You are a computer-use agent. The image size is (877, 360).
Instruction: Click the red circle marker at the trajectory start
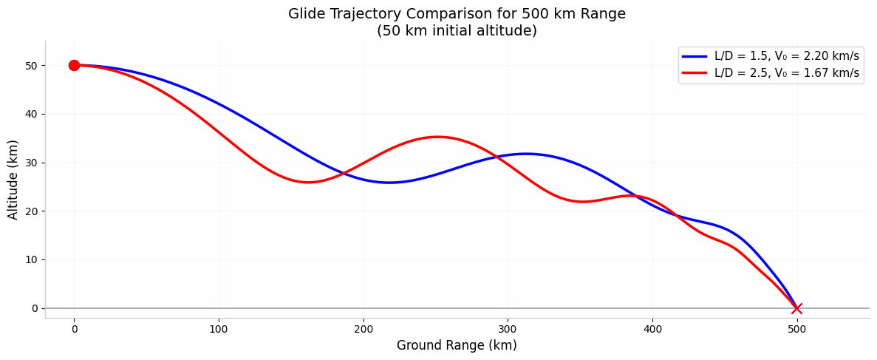[74, 65]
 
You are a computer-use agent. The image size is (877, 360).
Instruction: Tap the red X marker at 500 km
[796, 308]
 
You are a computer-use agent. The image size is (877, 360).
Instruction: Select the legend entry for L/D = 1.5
[786, 56]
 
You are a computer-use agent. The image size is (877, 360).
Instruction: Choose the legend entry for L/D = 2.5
[786, 73]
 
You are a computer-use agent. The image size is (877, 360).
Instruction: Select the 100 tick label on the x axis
[219, 328]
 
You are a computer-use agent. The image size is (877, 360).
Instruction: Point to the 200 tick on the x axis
[363, 328]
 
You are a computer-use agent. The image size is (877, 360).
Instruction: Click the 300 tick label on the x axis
[508, 328]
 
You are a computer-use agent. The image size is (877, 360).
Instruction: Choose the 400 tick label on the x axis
[652, 328]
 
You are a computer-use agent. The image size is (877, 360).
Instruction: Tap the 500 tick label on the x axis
[796, 328]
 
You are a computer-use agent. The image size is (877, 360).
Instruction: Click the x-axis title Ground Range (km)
[457, 345]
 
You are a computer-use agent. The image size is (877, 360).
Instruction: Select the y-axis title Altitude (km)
[13, 180]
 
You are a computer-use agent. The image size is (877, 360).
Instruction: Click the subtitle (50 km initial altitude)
[457, 31]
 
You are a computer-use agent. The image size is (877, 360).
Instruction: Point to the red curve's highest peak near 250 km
[437, 137]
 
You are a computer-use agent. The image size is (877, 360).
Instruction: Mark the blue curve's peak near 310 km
[525, 154]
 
